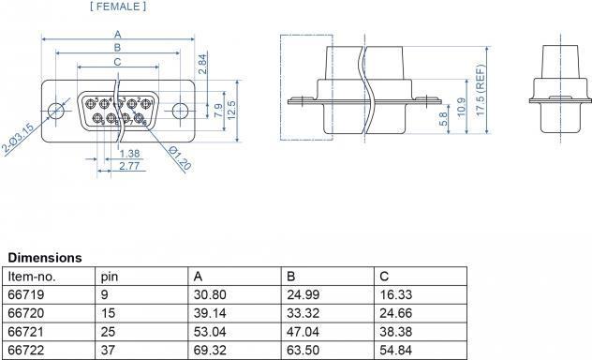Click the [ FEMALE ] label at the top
tap(117, 7)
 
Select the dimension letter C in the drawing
tap(117, 62)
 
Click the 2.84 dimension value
tap(203, 64)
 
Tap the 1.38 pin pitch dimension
tap(130, 153)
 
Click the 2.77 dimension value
tap(130, 165)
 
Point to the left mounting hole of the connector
tap(57, 110)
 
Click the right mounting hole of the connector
tap(179, 110)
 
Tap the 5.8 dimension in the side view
tap(441, 120)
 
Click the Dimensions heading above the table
tap(45, 257)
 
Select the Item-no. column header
tap(33, 277)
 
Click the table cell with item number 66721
tap(25, 332)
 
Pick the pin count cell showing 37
tap(107, 351)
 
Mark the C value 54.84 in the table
tap(393, 351)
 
